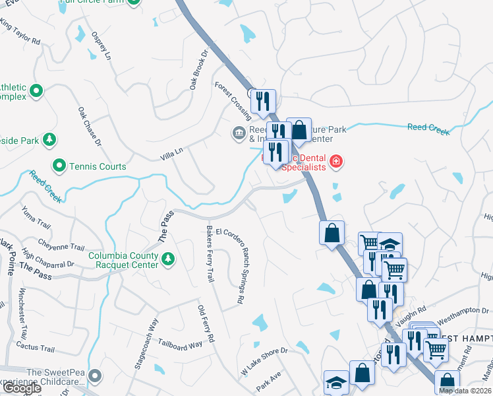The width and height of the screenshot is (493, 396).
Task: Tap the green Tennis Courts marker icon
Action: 59,166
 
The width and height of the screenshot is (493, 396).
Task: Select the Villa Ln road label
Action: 170,156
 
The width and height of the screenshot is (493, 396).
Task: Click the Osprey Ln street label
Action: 100,46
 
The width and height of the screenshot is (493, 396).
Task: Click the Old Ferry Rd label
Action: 206,323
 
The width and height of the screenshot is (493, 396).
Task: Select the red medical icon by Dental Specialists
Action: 336,160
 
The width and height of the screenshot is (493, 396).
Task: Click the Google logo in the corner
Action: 22,388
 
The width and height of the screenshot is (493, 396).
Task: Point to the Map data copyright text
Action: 465,391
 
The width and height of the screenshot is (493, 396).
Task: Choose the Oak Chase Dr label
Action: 90,126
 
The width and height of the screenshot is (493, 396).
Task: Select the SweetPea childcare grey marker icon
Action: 95,376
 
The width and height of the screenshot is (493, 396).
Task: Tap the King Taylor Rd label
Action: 20,32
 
